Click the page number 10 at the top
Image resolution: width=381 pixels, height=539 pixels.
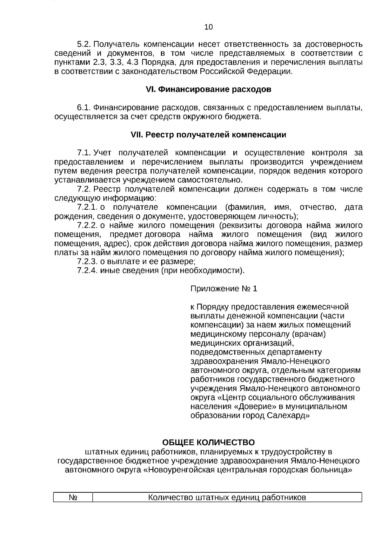(209, 27)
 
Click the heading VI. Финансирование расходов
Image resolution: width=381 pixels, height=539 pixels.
(208, 90)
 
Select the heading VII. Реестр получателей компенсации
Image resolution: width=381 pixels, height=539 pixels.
(208, 135)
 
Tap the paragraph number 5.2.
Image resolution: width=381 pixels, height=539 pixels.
(84, 44)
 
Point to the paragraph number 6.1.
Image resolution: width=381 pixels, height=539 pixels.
(84, 108)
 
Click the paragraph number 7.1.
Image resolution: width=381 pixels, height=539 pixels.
(84, 153)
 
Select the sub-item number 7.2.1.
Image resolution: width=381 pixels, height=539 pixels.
(87, 208)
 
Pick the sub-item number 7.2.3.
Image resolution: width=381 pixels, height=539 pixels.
(87, 262)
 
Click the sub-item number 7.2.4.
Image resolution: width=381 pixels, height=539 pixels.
(87, 271)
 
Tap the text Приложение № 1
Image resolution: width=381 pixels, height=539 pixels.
(224, 289)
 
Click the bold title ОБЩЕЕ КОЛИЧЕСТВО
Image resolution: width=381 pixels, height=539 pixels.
(208, 443)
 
